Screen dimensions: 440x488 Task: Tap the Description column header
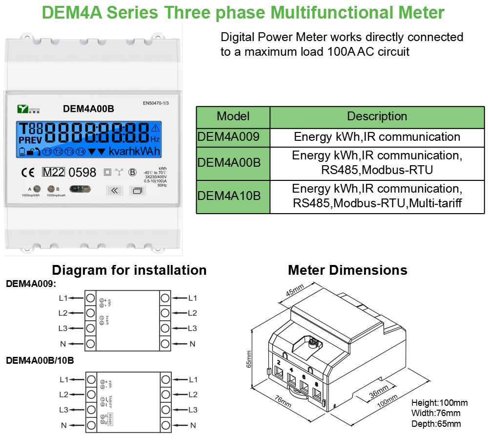click(x=377, y=116)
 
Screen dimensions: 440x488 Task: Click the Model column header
click(x=233, y=116)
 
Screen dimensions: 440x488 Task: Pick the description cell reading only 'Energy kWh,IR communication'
click(x=377, y=137)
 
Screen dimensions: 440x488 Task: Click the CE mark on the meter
click(x=27, y=172)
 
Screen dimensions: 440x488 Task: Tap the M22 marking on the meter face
click(x=53, y=172)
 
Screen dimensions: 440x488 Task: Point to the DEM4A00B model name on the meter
click(x=88, y=109)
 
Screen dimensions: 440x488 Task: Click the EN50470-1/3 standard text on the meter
click(x=159, y=104)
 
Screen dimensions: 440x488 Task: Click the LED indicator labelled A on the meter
click(x=36, y=189)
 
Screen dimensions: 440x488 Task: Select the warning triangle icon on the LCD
click(x=156, y=129)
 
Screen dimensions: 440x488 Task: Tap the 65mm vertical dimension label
click(x=249, y=359)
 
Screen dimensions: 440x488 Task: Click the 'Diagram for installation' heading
click(x=129, y=270)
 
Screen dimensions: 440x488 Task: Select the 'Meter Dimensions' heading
click(x=347, y=270)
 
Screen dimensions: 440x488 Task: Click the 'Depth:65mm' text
click(x=436, y=424)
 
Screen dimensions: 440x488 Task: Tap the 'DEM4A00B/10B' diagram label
click(x=40, y=361)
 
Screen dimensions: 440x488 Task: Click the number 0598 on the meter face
click(x=82, y=172)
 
